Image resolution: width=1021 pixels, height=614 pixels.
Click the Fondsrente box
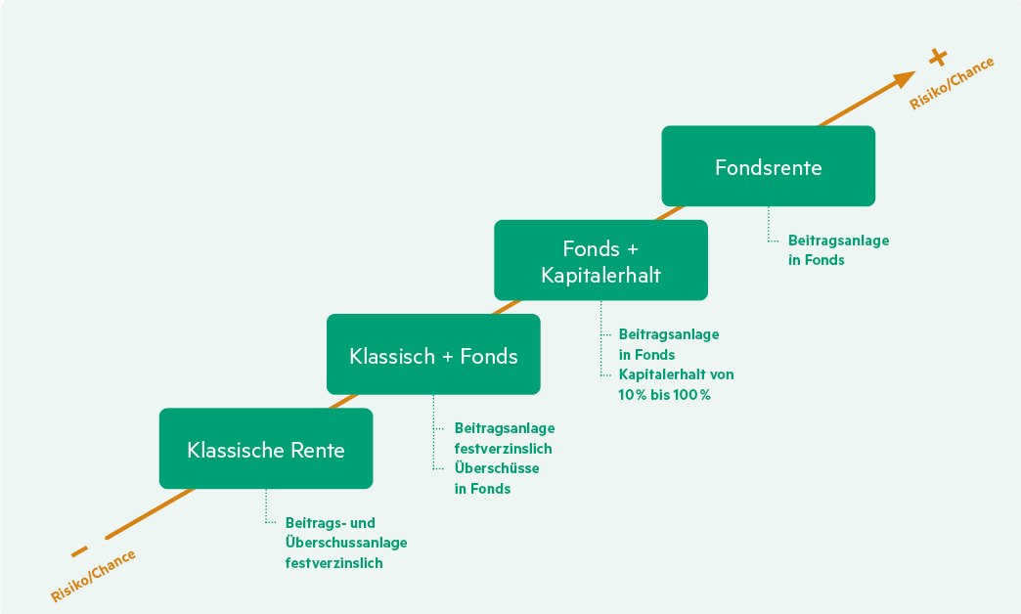pos(768,166)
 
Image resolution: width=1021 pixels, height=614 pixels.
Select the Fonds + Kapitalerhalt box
pos(600,260)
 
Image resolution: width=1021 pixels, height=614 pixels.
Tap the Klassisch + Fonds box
pos(433,355)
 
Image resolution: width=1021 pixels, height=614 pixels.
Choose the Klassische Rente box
pos(266,450)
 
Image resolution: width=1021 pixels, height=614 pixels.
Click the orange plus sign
pos(939,57)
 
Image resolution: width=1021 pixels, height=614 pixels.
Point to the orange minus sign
pos(79,550)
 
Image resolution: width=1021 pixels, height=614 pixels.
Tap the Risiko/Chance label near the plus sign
pos(952,83)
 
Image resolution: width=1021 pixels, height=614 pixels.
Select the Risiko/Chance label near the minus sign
pos(93,574)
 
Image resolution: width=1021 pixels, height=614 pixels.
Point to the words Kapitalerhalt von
pos(676,374)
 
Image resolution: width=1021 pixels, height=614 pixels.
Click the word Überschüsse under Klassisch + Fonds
pos(497,468)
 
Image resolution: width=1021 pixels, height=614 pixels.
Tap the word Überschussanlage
pos(346,543)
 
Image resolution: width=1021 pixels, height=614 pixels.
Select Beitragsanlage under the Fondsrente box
pos(839,240)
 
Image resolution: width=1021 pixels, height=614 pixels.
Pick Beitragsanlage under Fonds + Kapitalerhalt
pos(669,334)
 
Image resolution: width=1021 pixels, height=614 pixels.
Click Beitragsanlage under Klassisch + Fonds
pos(505,428)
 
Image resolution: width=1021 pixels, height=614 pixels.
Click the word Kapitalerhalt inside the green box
pos(600,276)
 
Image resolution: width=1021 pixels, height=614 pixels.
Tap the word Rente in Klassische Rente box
pos(318,450)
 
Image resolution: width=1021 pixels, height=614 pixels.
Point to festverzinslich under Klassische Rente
pos(334,563)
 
